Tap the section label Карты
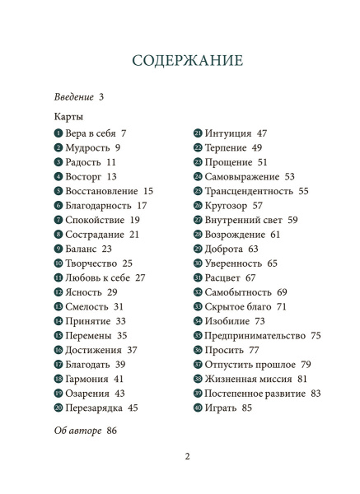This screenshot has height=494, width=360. (69, 117)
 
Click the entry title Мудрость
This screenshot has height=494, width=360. (87, 147)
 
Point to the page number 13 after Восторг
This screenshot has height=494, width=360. (111, 176)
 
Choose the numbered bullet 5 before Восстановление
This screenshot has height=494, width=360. (58, 191)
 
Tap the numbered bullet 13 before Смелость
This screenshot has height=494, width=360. (58, 307)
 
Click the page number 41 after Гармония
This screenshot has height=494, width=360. (119, 379)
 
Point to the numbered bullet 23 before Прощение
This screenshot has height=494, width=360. (199, 162)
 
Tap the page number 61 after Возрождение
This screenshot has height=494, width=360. (275, 235)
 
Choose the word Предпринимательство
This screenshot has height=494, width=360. (256, 335)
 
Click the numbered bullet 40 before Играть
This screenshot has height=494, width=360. (199, 408)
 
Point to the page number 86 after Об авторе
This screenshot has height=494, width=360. (113, 431)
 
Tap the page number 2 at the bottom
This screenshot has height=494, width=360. (187, 457)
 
